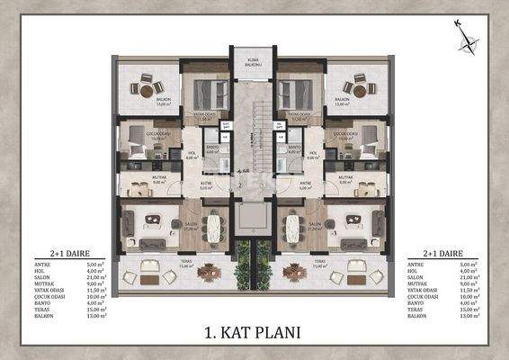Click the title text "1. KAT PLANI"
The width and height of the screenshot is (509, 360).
click(x=254, y=331)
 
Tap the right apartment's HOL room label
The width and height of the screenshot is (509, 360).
click(x=312, y=154)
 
